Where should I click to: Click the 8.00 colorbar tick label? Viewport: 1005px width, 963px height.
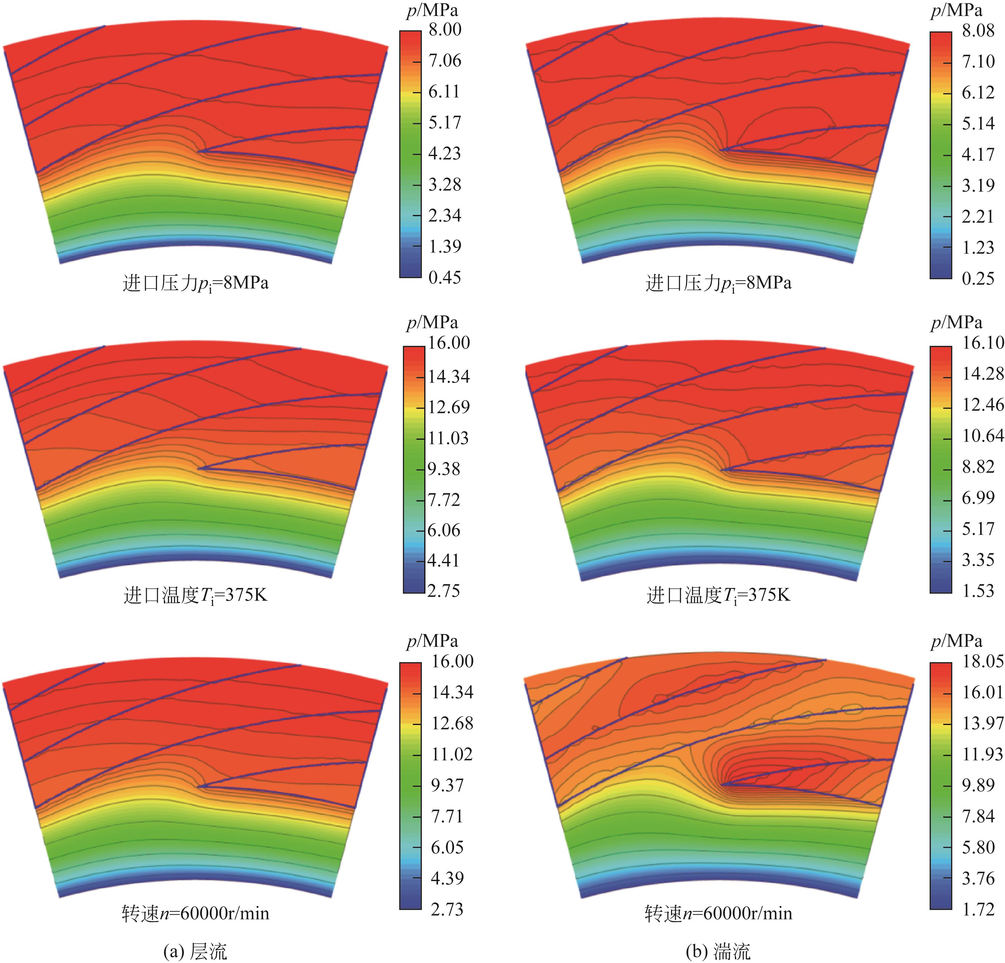point(444,30)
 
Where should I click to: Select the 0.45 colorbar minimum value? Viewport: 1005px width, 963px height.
point(444,278)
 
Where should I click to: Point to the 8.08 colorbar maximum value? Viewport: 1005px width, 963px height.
point(978,31)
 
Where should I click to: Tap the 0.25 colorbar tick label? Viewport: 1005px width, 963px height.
point(978,279)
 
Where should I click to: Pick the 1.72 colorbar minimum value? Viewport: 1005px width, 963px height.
point(978,909)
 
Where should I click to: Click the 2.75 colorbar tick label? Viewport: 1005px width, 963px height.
point(444,591)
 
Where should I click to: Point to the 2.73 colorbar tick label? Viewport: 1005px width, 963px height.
point(447,909)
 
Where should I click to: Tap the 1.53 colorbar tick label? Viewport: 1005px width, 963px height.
point(978,591)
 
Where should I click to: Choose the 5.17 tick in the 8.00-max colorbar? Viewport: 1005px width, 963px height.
point(444,123)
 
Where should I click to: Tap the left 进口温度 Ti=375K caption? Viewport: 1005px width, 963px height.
point(195,596)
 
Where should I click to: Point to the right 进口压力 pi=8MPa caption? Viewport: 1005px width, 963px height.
point(718,283)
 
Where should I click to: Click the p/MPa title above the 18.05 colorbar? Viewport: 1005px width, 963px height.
point(956,641)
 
